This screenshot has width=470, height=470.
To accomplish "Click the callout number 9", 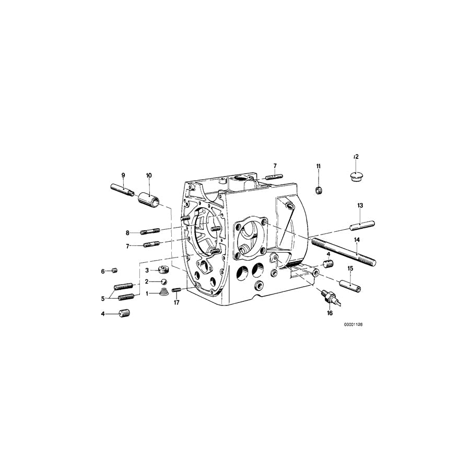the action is (x=123, y=175).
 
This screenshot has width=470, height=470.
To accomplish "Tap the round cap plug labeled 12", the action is (x=356, y=177).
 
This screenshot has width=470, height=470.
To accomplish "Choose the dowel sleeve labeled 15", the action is (x=350, y=286).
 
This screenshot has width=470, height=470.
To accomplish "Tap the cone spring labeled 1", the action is (x=163, y=292).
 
